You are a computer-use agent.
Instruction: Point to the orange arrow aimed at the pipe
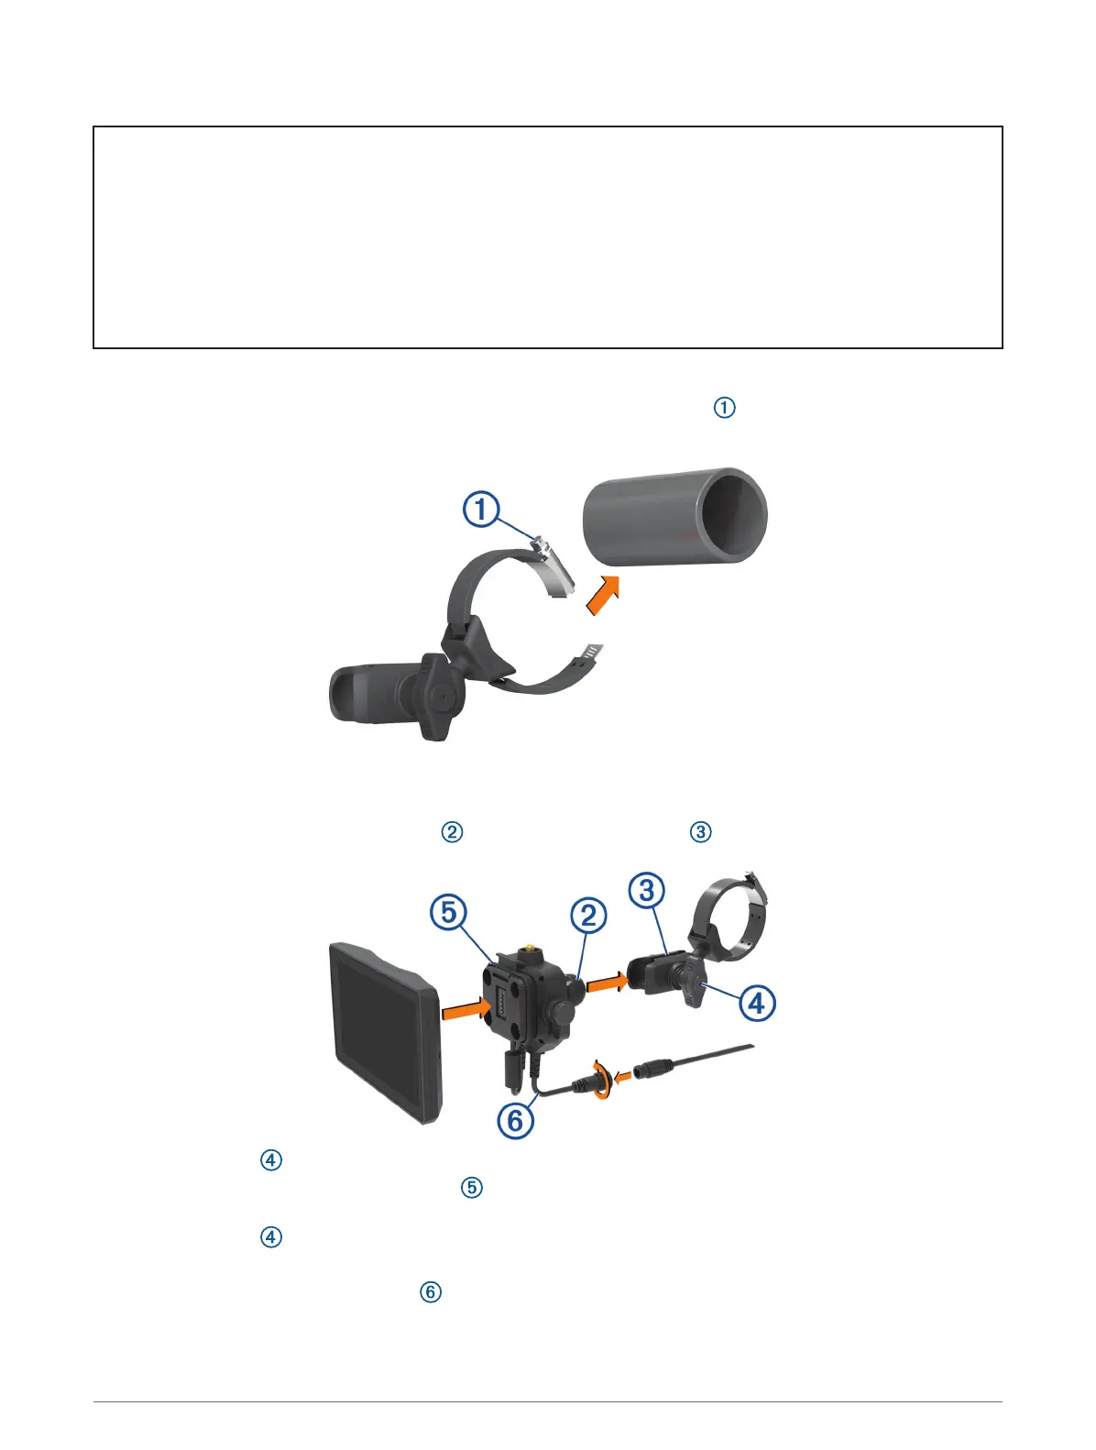tap(600, 596)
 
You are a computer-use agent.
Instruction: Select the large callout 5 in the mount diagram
tap(449, 912)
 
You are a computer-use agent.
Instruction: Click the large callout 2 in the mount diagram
tap(588, 915)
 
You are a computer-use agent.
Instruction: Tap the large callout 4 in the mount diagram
tap(756, 1003)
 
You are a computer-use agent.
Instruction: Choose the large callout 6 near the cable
tap(516, 1120)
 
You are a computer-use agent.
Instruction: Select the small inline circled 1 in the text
tap(724, 408)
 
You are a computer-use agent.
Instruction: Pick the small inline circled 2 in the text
tap(453, 832)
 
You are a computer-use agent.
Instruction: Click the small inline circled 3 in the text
tap(701, 832)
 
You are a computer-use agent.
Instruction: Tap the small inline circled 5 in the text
tap(471, 1188)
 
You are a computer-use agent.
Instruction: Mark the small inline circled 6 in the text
tap(430, 1292)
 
